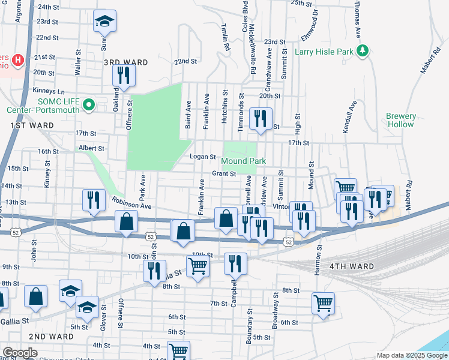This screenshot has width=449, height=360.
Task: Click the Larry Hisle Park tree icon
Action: tap(362, 52)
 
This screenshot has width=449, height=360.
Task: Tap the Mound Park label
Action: tap(243, 161)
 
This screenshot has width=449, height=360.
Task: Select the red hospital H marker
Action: tap(19, 60)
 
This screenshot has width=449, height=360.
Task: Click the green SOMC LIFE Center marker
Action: tap(89, 106)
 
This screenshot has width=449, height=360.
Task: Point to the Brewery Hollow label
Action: tap(401, 120)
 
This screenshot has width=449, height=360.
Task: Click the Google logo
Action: tap(20, 353)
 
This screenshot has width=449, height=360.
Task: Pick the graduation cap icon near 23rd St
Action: tap(104, 23)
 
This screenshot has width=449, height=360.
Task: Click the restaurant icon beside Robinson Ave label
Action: tap(93, 200)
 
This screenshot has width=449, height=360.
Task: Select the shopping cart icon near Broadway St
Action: tap(323, 302)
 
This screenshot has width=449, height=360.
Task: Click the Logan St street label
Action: tap(202, 157)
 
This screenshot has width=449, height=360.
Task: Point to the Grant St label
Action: tap(223, 174)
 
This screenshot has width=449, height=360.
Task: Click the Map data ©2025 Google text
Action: tap(412, 355)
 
